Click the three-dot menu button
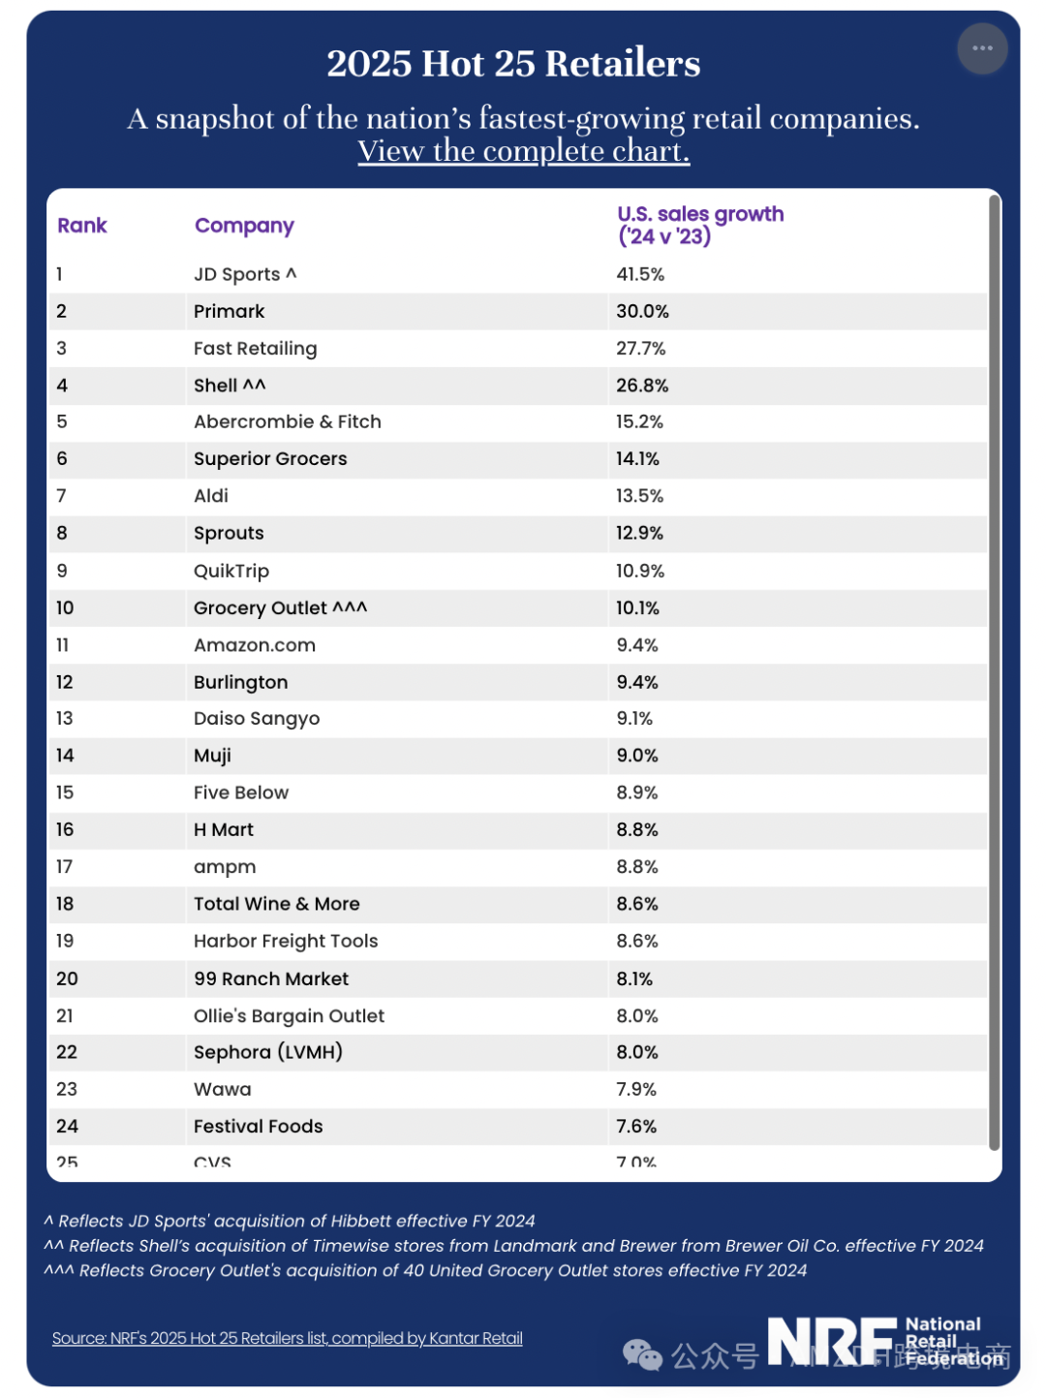click(982, 48)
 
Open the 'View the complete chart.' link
click(523, 151)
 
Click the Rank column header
click(81, 226)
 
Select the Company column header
click(244, 226)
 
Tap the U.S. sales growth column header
click(700, 225)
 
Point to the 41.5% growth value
click(640, 274)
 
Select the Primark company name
click(229, 311)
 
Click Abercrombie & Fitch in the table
click(287, 421)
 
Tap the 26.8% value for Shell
click(642, 386)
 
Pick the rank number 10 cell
click(65, 607)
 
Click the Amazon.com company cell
click(254, 645)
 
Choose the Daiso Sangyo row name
click(256, 719)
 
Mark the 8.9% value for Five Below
click(636, 792)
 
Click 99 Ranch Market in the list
click(270, 979)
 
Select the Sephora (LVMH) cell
click(267, 1052)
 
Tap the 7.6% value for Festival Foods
click(636, 1126)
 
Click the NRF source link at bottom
click(287, 1338)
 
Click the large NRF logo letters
click(832, 1342)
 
